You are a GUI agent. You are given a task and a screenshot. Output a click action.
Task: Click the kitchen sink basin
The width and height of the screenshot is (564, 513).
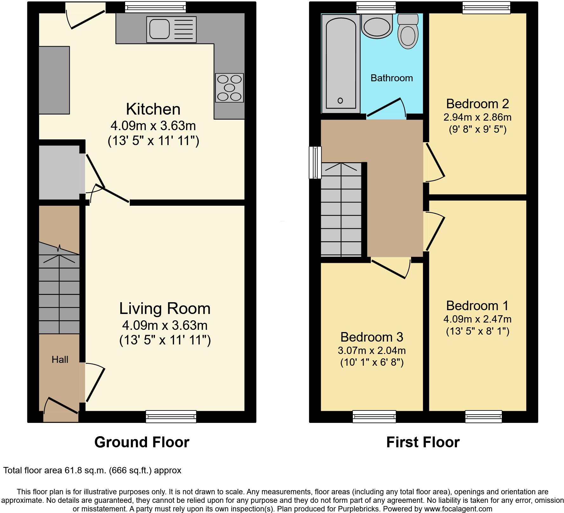[x=158, y=29]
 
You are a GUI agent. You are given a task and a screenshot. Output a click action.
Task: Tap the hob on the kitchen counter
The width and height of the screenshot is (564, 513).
[x=229, y=88]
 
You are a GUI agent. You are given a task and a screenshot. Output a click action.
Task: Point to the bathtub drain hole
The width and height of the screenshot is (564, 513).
[x=340, y=101]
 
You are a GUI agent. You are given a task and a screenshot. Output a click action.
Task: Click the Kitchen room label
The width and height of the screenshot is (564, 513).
[x=153, y=109]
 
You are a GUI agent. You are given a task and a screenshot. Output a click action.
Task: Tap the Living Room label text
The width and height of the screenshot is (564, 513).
[x=165, y=309]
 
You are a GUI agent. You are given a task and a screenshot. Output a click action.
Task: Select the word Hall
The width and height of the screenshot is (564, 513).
[x=60, y=359]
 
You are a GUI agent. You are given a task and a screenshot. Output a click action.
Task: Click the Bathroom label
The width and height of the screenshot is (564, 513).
[x=392, y=78]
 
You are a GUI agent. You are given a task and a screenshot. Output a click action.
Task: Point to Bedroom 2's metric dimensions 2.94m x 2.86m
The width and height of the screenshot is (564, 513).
[x=477, y=117]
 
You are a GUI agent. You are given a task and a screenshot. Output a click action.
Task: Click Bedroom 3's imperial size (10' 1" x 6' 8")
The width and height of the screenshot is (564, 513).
[x=372, y=362]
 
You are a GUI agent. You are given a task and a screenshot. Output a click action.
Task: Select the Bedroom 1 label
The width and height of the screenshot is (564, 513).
[x=477, y=305]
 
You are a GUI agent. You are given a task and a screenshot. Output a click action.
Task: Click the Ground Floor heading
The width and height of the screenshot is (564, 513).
[x=142, y=442]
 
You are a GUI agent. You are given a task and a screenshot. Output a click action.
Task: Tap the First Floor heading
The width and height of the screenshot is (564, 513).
[x=423, y=442]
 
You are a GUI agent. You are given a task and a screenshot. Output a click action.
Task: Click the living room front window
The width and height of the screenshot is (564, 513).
[x=171, y=416]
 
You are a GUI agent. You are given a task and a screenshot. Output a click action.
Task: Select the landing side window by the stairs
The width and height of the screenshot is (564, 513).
[x=315, y=162]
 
